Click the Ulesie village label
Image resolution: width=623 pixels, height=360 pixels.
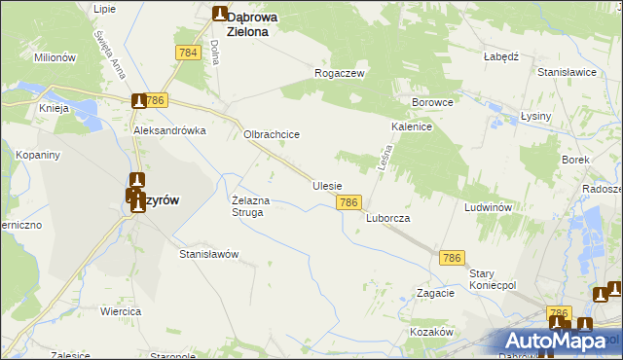pos(327,184)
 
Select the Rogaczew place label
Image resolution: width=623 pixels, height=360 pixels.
pos(339,73)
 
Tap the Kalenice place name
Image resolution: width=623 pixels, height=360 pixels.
pos(412,126)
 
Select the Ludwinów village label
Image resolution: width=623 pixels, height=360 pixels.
pos(488,208)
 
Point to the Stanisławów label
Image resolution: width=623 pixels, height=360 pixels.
pos(209,254)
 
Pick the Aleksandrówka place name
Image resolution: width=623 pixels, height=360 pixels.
pos(170,129)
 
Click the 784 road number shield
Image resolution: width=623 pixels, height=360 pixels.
pos(189,53)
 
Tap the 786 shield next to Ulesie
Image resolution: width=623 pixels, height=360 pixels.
pos(350,202)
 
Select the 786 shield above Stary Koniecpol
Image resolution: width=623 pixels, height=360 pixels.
pos(451,257)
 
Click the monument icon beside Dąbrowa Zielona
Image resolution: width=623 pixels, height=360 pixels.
pos(220,14)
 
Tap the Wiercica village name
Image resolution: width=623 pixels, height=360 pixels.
pos(121,311)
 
